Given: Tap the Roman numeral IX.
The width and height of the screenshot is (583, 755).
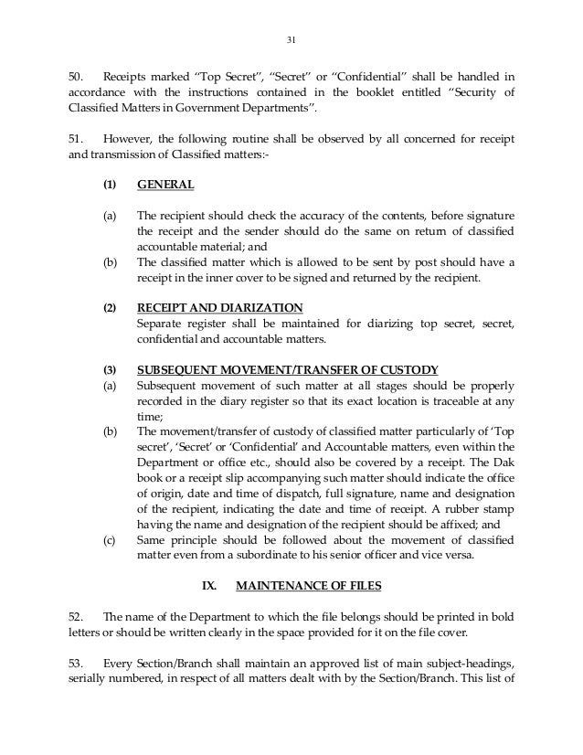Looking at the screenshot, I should [207, 583].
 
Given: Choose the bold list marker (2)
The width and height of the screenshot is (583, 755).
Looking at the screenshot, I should [109, 307].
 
